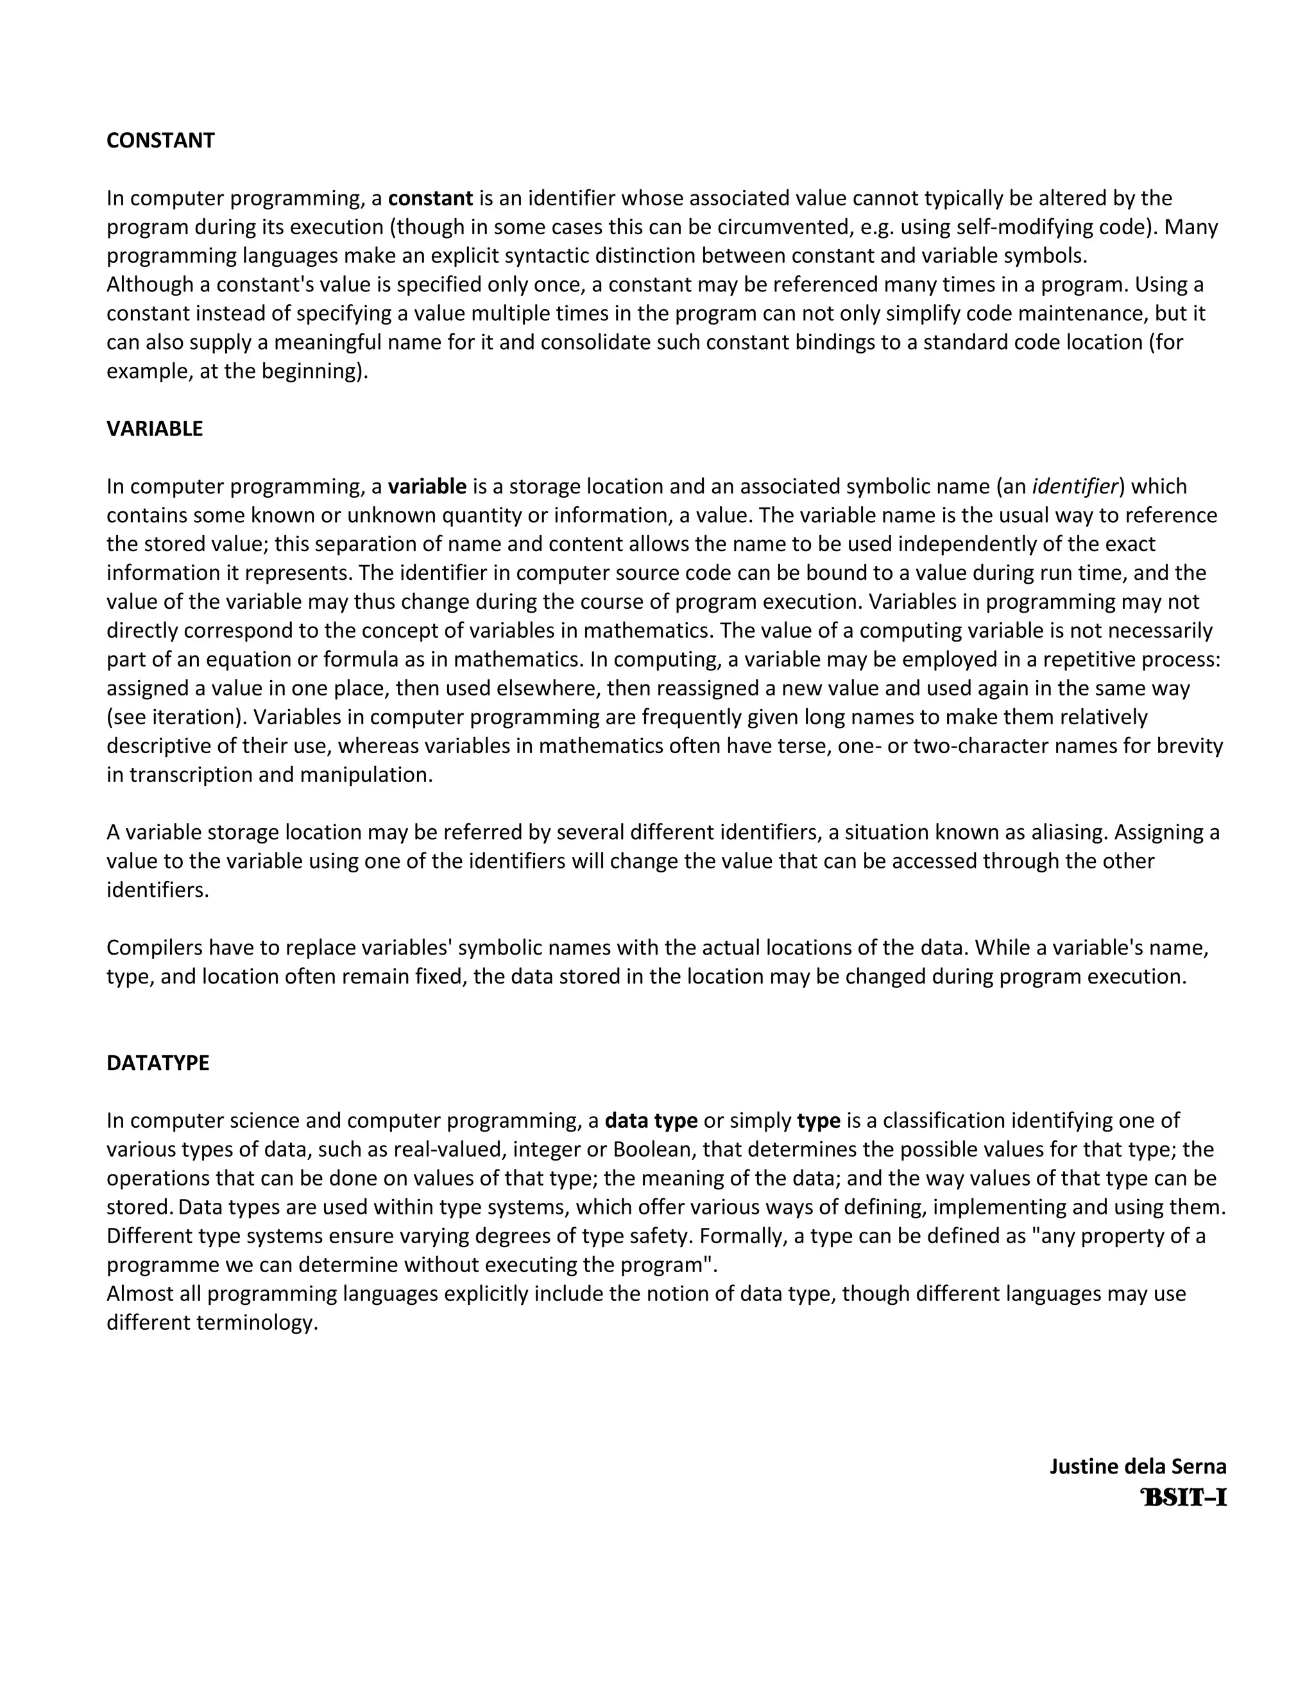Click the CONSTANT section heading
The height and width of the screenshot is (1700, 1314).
[160, 141]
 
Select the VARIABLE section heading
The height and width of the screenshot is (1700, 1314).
[154, 429]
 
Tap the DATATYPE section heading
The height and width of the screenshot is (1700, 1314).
[157, 1063]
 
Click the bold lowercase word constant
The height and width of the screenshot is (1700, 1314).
[431, 198]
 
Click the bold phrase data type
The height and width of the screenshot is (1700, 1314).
[651, 1121]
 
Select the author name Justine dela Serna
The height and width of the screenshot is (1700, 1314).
[1138, 1466]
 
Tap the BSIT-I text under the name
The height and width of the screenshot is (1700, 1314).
[1183, 1498]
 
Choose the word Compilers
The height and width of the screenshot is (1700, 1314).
[154, 948]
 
